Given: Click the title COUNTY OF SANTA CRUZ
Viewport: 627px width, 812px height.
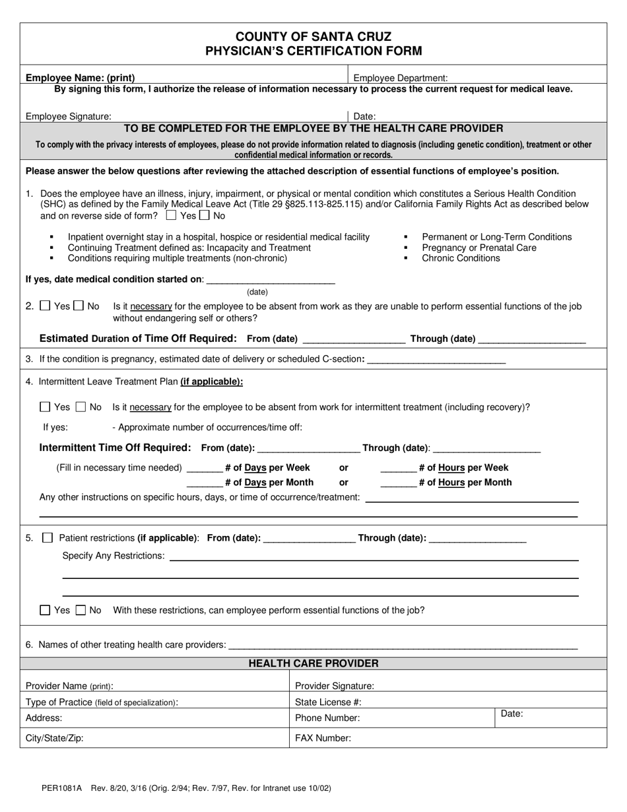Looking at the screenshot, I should click(313, 37).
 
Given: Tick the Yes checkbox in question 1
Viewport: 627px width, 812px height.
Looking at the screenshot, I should click(172, 215).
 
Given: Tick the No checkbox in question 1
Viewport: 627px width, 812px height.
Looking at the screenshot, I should click(204, 215).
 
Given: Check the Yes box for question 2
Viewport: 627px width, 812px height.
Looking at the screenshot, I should click(45, 306).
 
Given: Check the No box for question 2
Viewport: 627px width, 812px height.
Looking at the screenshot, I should click(79, 306).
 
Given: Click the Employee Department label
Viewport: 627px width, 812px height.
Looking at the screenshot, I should click(401, 78).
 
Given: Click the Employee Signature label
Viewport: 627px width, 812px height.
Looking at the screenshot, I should click(69, 116).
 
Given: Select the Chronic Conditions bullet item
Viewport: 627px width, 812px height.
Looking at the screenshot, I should click(461, 258).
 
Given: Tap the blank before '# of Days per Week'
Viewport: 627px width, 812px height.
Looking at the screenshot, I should click(205, 468).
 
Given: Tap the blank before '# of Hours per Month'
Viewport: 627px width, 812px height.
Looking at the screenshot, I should click(398, 483).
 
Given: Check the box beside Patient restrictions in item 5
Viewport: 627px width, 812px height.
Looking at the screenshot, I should click(48, 538).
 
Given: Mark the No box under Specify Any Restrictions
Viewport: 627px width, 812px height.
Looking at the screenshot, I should click(81, 611).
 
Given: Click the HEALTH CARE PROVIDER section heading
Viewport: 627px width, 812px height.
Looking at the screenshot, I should click(313, 663).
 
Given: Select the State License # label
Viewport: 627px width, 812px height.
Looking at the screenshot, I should click(328, 702).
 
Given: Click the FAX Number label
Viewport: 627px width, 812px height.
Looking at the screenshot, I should click(323, 738).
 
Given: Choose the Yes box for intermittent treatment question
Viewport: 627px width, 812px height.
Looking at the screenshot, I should click(45, 407).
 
